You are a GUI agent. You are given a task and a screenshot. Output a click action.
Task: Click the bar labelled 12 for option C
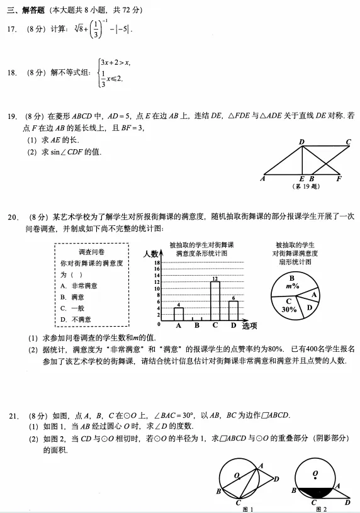pos(215,301)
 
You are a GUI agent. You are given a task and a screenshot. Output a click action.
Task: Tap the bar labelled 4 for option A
pos(178,314)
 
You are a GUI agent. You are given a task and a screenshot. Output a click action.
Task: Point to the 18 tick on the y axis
pos(157,262)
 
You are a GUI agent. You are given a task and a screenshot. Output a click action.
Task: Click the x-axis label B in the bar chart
pos(196,326)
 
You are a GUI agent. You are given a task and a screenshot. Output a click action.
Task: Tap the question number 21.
pos(11,415)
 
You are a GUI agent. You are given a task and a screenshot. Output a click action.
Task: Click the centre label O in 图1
pos(236,474)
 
